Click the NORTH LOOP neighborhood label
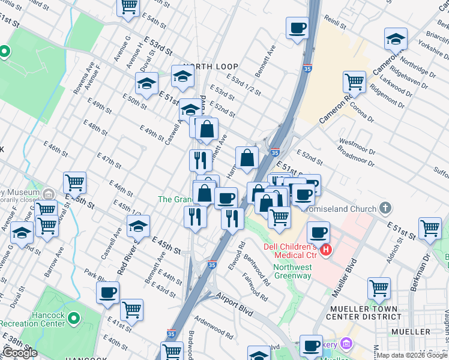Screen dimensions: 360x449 tap(211, 67)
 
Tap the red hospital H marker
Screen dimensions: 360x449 tap(326, 250)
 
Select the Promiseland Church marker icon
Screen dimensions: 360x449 tap(385, 208)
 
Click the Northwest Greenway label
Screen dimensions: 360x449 tap(293, 271)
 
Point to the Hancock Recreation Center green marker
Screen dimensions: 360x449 tap(74, 317)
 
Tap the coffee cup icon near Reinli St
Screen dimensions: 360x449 tap(297, 28)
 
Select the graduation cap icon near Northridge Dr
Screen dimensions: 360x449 tap(396, 39)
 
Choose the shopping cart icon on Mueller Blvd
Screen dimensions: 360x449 tap(379, 288)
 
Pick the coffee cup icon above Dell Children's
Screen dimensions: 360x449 tap(319, 232)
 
